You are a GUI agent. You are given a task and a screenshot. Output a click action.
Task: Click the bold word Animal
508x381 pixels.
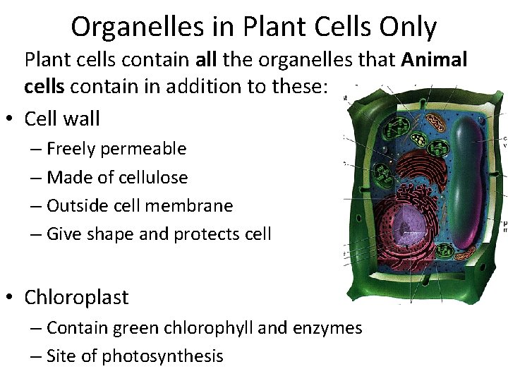coord(435,61)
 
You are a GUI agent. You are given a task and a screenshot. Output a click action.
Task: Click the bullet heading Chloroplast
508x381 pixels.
coord(76,297)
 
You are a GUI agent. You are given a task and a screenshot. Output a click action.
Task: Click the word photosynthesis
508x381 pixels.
coord(162,356)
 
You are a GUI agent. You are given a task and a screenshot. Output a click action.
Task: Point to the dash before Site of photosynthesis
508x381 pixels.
coord(35,356)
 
